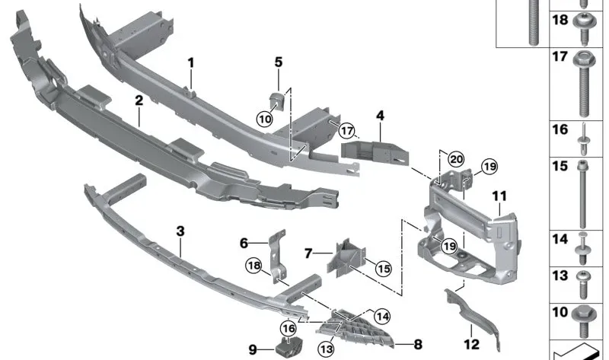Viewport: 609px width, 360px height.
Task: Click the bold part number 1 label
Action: point(190,62)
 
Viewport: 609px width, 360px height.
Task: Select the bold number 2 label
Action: point(139,100)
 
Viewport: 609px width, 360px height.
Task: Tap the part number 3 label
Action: point(180,231)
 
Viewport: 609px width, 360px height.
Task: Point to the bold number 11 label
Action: point(499,196)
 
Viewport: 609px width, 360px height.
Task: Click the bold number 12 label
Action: point(472,344)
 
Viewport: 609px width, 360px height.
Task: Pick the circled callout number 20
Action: point(456,159)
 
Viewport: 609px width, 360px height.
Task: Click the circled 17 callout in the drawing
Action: point(347,130)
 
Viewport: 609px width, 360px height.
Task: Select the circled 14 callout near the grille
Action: point(383,317)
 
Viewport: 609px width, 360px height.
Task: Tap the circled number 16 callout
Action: point(289,329)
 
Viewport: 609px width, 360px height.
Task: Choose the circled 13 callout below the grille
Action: point(326,349)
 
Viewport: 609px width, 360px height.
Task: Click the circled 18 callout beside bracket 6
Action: point(253,266)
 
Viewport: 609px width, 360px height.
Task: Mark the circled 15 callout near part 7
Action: point(384,269)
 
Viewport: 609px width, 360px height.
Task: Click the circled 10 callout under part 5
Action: point(265,119)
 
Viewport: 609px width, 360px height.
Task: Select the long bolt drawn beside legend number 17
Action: point(582,84)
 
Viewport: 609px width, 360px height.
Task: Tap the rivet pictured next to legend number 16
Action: point(584,139)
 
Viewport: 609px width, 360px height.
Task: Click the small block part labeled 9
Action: point(289,347)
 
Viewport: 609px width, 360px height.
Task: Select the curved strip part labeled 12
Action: point(472,317)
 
